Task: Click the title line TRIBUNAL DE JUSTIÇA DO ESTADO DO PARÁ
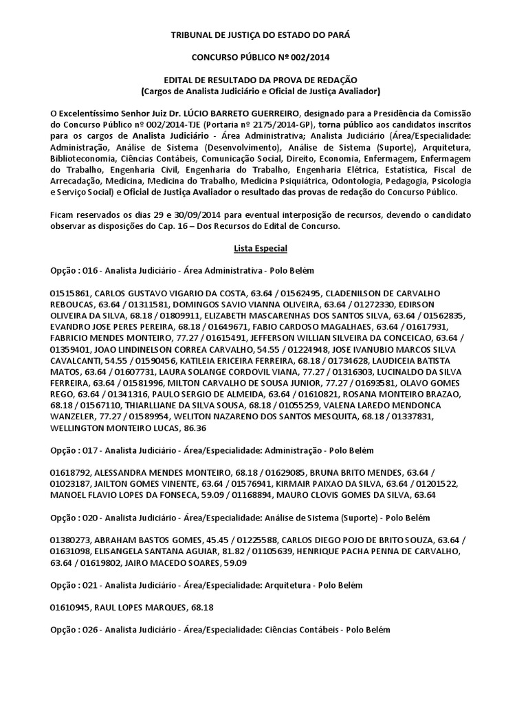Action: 264,34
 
